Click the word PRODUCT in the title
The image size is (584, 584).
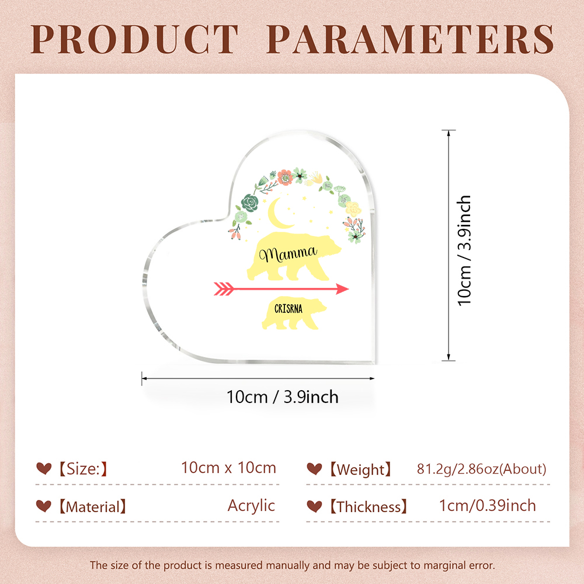[x=134, y=40]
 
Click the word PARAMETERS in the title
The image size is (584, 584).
[x=410, y=40]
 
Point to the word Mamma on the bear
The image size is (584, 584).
[x=288, y=254]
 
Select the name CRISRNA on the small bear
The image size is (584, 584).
[x=288, y=309]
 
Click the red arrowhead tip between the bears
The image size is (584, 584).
[x=348, y=288]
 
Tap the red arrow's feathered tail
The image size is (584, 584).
[x=224, y=288]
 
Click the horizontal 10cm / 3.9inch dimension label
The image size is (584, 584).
[x=282, y=397]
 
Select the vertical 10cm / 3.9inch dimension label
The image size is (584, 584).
[x=464, y=251]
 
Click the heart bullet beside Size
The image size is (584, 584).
[x=44, y=468]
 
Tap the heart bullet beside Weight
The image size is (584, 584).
[x=314, y=468]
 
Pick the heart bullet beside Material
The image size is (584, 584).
[x=44, y=506]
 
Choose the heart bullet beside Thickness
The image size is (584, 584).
[x=314, y=506]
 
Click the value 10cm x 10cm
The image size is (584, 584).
[x=229, y=468]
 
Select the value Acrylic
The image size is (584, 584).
[x=251, y=506]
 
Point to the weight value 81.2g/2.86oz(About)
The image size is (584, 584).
[x=482, y=469]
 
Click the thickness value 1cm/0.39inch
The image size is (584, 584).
[x=488, y=506]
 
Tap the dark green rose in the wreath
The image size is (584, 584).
[x=249, y=203]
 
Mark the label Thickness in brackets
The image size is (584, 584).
[x=369, y=507]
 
